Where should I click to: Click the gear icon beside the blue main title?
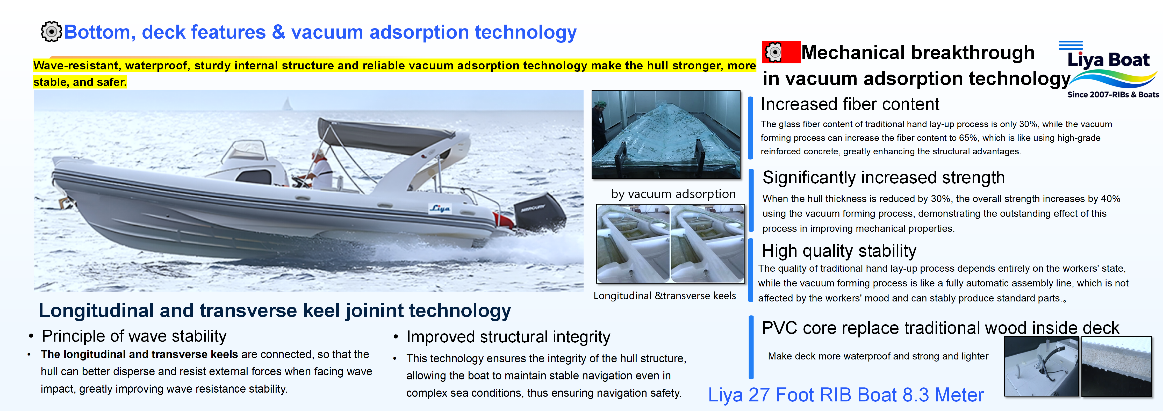pos(51,32)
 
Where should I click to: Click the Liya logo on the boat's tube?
pos(439,208)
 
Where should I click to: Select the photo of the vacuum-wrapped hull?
pos(666,135)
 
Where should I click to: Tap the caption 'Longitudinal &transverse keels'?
pos(665,296)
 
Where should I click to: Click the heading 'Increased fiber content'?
pos(850,104)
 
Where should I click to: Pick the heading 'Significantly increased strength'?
pos(884,177)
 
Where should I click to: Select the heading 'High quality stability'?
pos(839,251)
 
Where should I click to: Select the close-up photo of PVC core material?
pos(1116,366)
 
